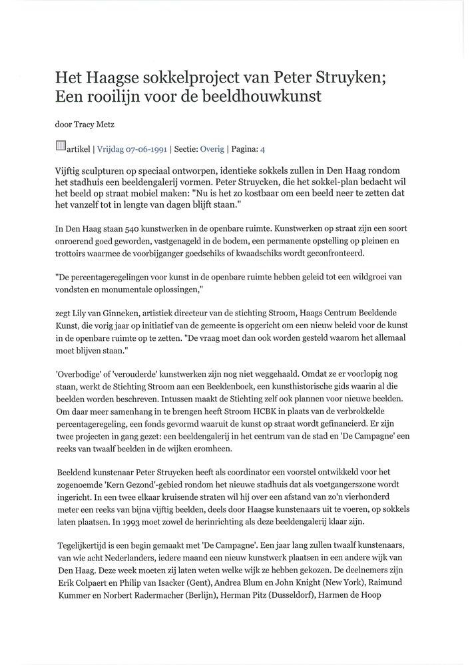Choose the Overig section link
pos(212,148)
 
